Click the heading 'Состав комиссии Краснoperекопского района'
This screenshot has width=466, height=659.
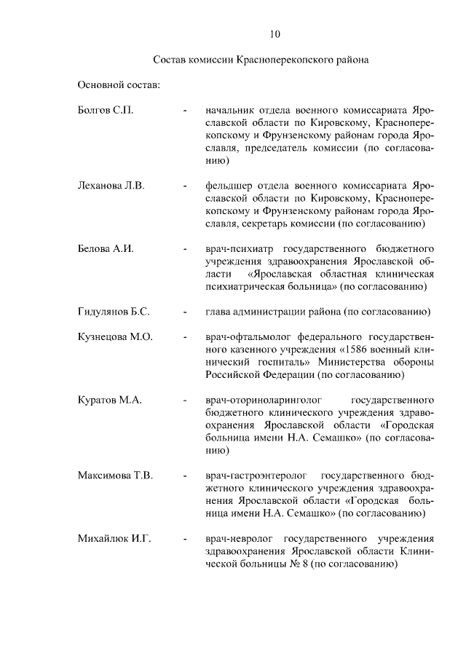[x=261, y=60]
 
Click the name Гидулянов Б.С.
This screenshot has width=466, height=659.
[x=114, y=312]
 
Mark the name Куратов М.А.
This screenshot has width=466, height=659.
[x=109, y=400]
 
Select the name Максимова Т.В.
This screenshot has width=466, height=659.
[x=115, y=475]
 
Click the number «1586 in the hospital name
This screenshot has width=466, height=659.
[x=341, y=350]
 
